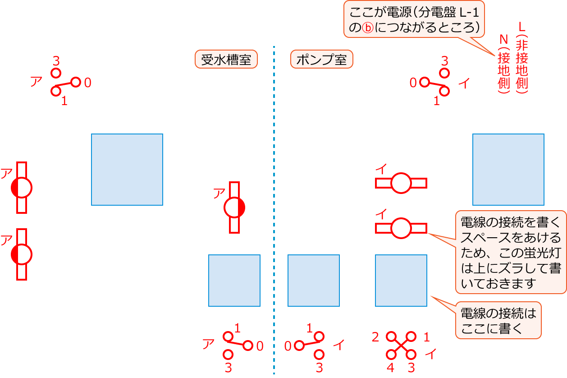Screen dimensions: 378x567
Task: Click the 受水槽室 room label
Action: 226,59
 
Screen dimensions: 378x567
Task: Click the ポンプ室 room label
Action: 321,59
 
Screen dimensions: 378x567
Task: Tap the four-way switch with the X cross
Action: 401,346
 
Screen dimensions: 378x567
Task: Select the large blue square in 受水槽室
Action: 127,170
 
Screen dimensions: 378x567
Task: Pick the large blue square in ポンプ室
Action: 508,170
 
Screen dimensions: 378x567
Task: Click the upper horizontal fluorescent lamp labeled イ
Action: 401,183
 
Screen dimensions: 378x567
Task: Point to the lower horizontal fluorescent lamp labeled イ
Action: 401,228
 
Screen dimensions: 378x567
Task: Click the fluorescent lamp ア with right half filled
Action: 234,207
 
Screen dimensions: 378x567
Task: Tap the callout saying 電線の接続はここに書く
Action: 498,320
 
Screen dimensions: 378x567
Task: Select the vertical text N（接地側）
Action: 503,64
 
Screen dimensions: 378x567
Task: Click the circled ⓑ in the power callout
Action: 368,28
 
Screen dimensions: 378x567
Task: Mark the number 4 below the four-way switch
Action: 390,368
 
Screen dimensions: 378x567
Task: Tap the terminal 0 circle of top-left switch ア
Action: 76,82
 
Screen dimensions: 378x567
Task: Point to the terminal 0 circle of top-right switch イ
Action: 424,82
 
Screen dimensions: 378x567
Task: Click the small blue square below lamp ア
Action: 234,281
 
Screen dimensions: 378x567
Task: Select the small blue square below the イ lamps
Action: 401,281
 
